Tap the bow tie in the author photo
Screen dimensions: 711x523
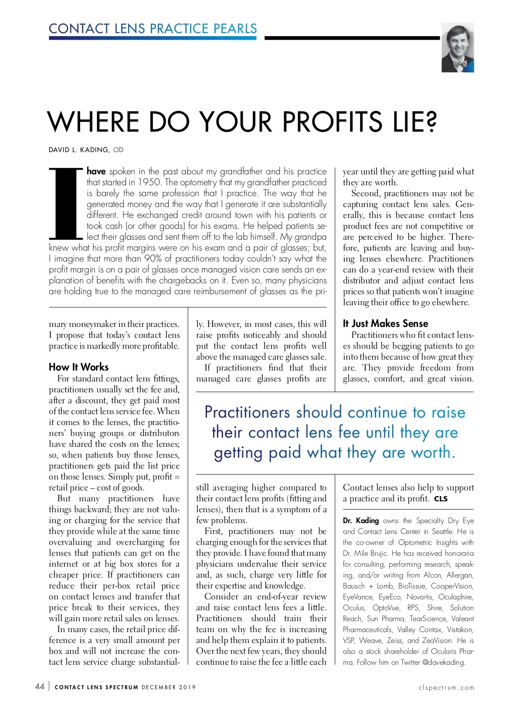459,65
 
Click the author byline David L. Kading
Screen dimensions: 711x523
79,150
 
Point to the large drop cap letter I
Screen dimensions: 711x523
65,203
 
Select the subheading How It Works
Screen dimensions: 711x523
78,367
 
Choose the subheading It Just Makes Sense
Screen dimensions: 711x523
385,323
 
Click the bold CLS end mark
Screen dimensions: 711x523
441,499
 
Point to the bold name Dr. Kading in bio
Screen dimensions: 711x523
361,520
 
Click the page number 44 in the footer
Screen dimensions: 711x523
39,687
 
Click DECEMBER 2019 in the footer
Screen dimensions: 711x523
169,687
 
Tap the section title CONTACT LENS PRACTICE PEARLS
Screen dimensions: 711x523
153,29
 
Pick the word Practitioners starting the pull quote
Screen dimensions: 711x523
247,412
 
